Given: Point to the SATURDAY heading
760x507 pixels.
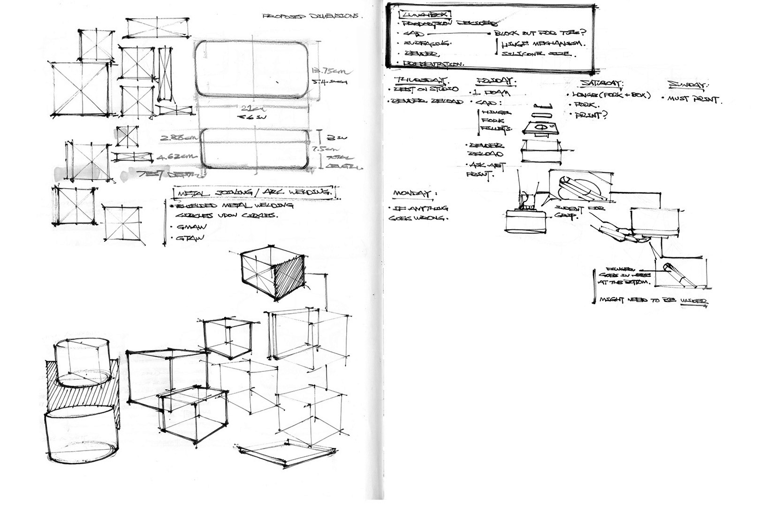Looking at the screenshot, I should (x=601, y=83).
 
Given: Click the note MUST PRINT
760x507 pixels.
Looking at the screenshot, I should (x=692, y=100).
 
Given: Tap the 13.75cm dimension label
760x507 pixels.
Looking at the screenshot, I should (x=328, y=71).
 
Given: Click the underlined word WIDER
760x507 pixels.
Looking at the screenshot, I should (x=694, y=301).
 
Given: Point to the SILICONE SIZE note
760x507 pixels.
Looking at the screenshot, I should (x=537, y=54).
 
